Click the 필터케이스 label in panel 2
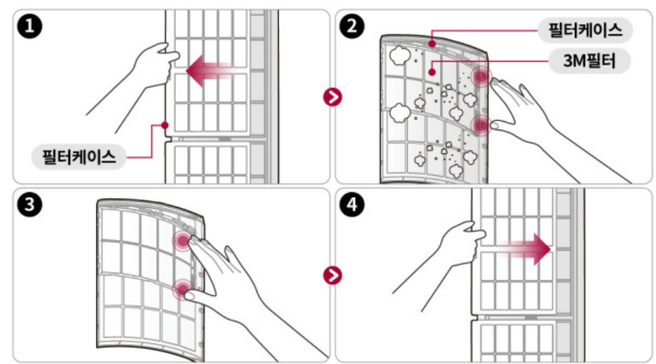coord(586,30)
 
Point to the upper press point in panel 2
coord(480,77)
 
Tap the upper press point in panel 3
coord(182,241)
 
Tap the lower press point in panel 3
coord(182,290)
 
